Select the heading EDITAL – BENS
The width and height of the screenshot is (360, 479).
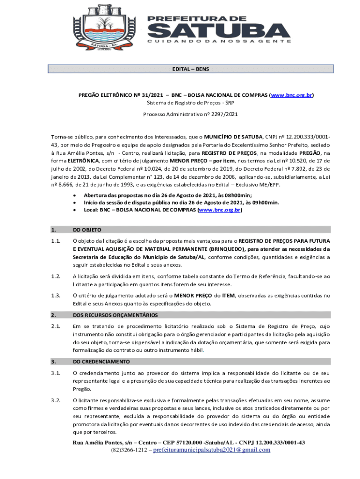pyautogui.click(x=190, y=69)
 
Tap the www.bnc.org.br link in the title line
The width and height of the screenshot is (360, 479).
pyautogui.click(x=291, y=95)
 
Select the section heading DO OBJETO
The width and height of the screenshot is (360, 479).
pyautogui.click(x=87, y=230)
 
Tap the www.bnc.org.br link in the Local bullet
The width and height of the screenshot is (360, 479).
pyautogui.click(x=220, y=210)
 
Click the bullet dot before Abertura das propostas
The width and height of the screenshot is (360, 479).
pyautogui.click(x=75, y=195)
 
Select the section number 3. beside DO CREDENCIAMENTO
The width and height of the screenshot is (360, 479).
pyautogui.click(x=54, y=362)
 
